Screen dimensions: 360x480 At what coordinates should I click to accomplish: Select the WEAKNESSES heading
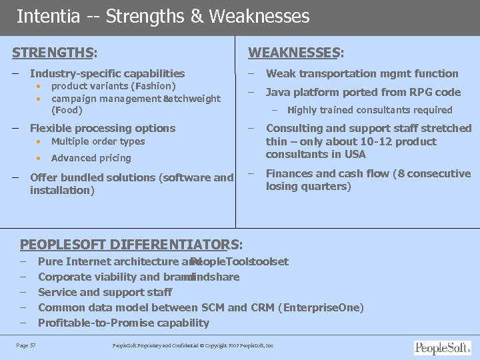[294, 52]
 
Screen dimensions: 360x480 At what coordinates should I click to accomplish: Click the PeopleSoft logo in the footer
[442, 347]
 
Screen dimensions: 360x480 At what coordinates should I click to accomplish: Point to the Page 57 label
[26, 345]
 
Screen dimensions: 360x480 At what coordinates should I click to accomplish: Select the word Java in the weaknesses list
[279, 92]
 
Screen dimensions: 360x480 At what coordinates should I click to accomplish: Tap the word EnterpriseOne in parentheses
[323, 307]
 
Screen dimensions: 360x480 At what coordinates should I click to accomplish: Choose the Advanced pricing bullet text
[91, 158]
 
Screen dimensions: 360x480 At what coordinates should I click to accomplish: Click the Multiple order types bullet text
[98, 141]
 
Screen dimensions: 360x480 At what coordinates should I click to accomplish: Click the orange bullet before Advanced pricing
[38, 158]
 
